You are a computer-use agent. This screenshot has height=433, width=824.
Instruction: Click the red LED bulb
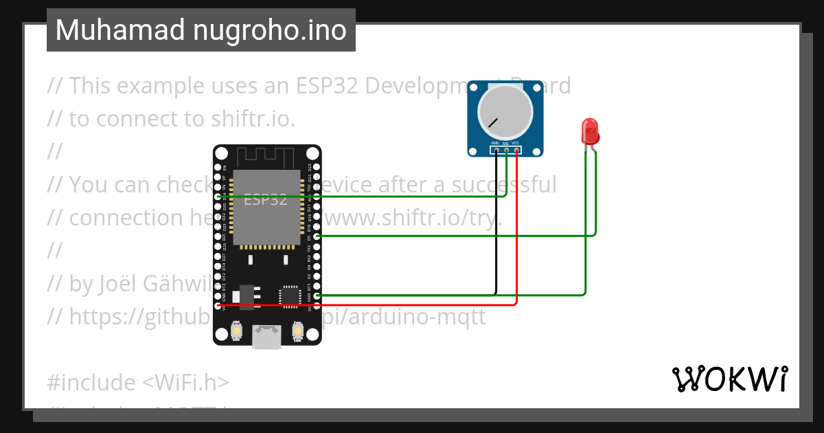tap(589, 130)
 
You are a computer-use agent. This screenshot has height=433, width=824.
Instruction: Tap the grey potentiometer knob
tap(505, 111)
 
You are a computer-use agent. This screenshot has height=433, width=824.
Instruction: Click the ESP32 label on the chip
tap(266, 200)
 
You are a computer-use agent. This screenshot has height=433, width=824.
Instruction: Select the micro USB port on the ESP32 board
tap(266, 337)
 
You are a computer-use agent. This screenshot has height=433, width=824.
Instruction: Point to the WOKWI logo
tap(729, 379)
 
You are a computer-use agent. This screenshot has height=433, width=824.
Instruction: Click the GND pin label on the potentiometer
tap(494, 143)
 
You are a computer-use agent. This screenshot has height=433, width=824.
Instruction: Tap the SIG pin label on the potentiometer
tap(505, 143)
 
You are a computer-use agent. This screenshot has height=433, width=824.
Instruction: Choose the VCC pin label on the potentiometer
tap(516, 143)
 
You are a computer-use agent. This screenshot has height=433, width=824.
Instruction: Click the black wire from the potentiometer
tap(496, 227)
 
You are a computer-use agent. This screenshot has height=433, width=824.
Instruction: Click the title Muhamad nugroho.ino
tap(201, 30)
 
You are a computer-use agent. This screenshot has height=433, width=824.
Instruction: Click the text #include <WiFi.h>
tap(138, 382)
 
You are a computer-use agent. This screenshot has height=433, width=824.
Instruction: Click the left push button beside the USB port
tap(236, 331)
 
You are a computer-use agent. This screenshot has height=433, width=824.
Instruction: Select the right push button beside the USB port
tap(298, 331)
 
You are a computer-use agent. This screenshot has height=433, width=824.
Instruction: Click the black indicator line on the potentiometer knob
tap(492, 123)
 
